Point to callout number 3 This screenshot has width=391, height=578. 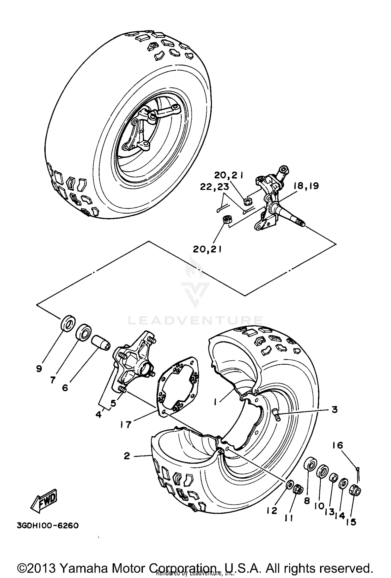(334, 409)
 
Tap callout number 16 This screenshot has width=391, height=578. (338, 445)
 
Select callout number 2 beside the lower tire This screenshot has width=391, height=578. (127, 456)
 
